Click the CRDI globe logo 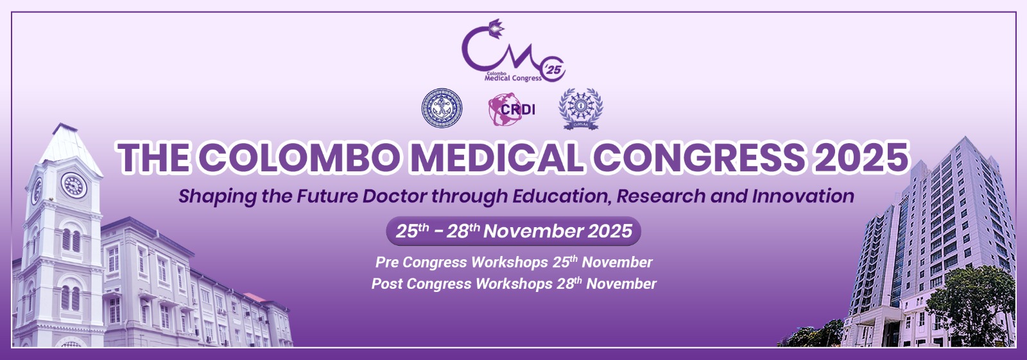pyautogui.click(x=512, y=109)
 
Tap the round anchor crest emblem pyautogui.click(x=442, y=108)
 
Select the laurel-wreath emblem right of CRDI pyautogui.click(x=580, y=109)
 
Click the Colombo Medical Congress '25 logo pyautogui.click(x=513, y=51)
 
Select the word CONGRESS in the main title pyautogui.click(x=700, y=157)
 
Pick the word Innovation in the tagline pyautogui.click(x=803, y=196)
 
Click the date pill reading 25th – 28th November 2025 pyautogui.click(x=513, y=230)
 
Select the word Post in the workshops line pyautogui.click(x=386, y=284)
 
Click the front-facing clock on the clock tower pyautogui.click(x=74, y=185)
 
